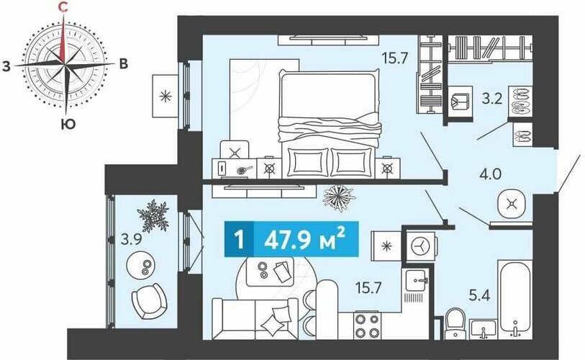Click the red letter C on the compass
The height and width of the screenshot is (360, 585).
point(63,7)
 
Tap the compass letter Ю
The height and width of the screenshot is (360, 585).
point(68,124)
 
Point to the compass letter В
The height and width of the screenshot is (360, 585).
point(123,64)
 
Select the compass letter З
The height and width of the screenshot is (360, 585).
point(6,66)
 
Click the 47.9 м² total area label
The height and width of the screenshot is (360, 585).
point(304,239)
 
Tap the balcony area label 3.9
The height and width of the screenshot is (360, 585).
point(131,239)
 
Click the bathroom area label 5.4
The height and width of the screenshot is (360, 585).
point(479,295)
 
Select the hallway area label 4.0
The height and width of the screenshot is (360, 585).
point(490,174)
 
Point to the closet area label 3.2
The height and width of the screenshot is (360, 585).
point(491,99)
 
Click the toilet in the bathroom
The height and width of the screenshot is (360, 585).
point(455,323)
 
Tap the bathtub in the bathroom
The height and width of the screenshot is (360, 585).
point(515,297)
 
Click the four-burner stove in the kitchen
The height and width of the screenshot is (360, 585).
point(368,325)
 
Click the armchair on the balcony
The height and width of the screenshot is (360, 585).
point(148,301)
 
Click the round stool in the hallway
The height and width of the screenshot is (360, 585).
point(512,204)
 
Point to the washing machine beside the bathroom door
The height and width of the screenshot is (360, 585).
point(420,246)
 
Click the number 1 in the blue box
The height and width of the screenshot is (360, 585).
point(239,239)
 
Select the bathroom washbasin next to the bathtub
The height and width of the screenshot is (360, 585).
point(484,329)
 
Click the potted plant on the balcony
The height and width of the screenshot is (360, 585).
point(153,215)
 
